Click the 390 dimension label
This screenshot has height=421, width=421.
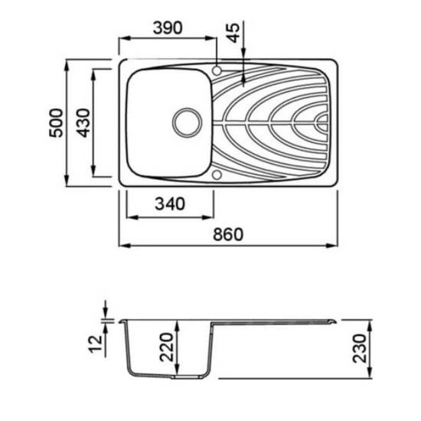click(168, 28)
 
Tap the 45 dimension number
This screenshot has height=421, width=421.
click(233, 33)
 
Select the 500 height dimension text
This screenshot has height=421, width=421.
click(56, 123)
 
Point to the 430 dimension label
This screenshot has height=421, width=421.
click(83, 123)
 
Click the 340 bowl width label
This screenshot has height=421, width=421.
click(170, 204)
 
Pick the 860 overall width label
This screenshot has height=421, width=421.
click(228, 234)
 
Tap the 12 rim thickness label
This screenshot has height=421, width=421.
click(96, 344)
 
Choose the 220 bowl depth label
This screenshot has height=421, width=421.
click(166, 347)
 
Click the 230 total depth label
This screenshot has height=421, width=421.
click(359, 348)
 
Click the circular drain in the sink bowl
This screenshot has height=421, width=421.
click(187, 122)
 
